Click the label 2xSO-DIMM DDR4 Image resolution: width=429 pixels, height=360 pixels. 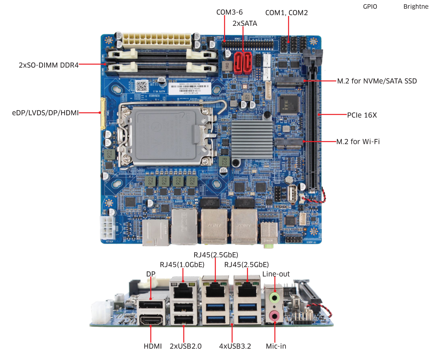pos(49,65)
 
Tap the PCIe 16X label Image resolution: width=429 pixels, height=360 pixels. pos(362,115)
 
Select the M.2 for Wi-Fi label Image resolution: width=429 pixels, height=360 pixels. pos(358,141)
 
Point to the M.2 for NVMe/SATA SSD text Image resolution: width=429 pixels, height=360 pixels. pos(377,81)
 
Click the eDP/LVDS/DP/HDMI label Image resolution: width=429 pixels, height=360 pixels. pos(45,113)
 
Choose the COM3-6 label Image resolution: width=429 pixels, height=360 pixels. pos(229,12)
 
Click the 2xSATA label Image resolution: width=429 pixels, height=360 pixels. pos(245,23)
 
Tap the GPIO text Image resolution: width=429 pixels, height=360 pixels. pos(370,7)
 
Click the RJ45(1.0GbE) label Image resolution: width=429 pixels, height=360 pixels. pos(182,264)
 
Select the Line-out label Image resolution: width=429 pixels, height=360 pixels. pos(276,274)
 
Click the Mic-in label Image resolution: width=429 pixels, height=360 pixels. pos(276,346)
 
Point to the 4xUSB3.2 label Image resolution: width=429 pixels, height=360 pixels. pos(235,346)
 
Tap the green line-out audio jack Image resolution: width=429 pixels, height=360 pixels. pos(274,298)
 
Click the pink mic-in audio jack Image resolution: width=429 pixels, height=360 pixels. pos(274,316)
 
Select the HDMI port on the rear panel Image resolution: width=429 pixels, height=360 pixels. pos(151,320)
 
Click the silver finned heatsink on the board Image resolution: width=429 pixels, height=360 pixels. pos(252,140)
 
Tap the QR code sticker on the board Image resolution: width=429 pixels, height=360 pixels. pos(142,86)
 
